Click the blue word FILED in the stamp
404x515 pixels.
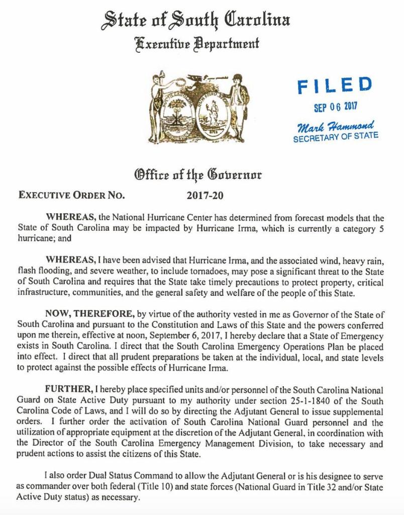(x=334, y=85)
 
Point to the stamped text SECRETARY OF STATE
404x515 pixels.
(x=336, y=136)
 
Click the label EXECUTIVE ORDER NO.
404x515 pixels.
(x=71, y=196)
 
